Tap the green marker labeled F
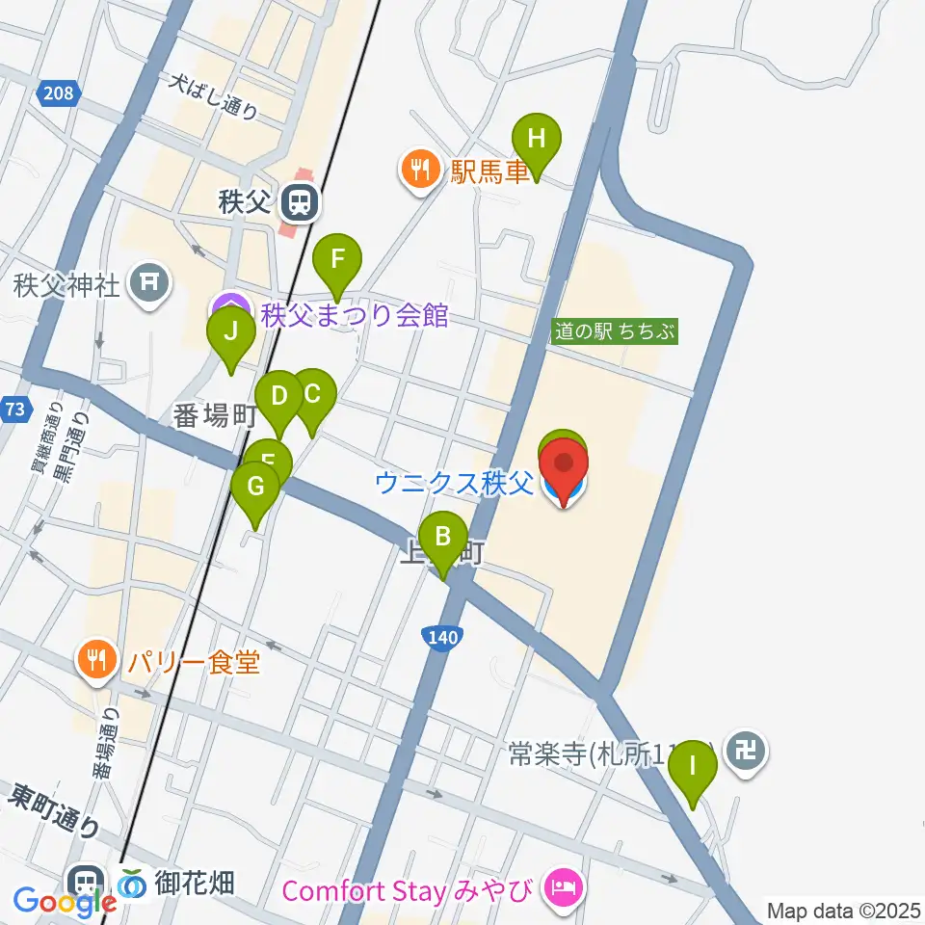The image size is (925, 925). pos(337,259)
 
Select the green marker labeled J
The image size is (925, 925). pos(231,332)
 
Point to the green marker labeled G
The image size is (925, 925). pos(255,487)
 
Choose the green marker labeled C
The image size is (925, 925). pos(312,394)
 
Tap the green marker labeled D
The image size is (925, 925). pos(279,396)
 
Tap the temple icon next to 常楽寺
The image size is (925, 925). pos(747,748)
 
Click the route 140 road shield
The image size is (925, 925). pos(439,637)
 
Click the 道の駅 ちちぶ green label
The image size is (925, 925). pos(615,331)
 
